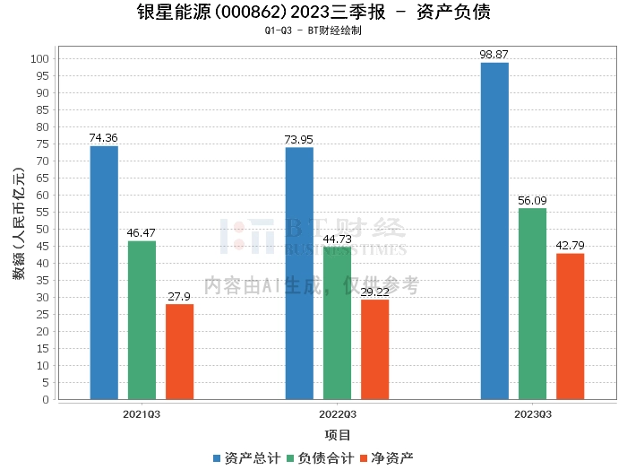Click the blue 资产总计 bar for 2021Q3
pyautogui.click(x=104, y=273)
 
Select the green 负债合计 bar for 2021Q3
pyautogui.click(x=142, y=320)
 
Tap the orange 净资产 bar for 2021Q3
pyautogui.click(x=179, y=352)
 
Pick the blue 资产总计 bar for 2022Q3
pyautogui.click(x=299, y=274)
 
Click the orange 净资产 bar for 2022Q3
pyautogui.click(x=374, y=350)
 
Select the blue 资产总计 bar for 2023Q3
pyautogui.click(x=494, y=231)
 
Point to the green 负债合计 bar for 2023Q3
pyautogui.click(x=532, y=304)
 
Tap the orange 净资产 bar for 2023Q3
pyautogui.click(x=570, y=326)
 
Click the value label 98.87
pyautogui.click(x=494, y=54)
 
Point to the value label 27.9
pyautogui.click(x=179, y=296)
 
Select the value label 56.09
pyautogui.click(x=532, y=200)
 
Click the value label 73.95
pyautogui.click(x=299, y=139)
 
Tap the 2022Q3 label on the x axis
pyautogui.click(x=337, y=414)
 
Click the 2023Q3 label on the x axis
pyautogui.click(x=532, y=414)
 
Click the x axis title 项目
pyautogui.click(x=337, y=435)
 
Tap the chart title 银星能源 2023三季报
pyautogui.click(x=313, y=13)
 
